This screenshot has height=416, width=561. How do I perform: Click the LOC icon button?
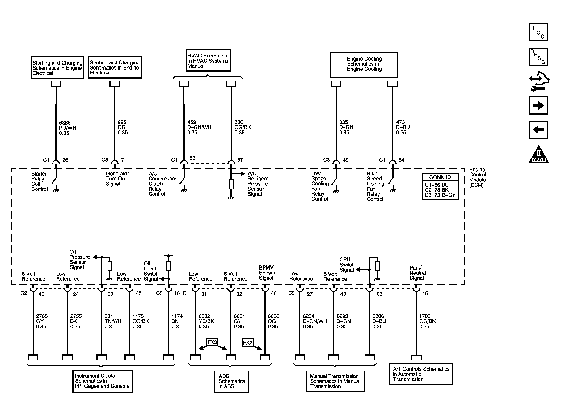538,32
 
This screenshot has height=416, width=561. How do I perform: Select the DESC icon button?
538,57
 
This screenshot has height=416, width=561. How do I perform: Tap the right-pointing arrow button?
538,106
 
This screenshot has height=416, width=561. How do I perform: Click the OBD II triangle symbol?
539,154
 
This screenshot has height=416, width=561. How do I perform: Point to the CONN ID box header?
440,177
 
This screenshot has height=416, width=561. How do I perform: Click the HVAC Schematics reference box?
208,61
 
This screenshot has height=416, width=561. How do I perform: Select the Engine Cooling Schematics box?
364,64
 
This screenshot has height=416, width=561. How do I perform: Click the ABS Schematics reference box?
231,381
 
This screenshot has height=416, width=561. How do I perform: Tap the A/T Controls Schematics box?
421,374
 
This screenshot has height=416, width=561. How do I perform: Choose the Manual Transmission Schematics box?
335,381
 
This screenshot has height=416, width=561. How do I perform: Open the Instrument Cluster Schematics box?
102,381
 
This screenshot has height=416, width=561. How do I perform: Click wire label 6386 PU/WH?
67,128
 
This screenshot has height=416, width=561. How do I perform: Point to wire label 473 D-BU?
403,127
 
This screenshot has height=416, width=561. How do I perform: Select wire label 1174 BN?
177,321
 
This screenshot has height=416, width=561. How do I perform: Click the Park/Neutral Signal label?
417,273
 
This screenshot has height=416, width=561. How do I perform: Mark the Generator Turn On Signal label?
117,179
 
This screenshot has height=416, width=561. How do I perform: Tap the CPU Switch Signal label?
347,265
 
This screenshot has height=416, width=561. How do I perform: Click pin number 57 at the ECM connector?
240,160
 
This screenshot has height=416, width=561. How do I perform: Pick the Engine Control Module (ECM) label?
477,177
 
